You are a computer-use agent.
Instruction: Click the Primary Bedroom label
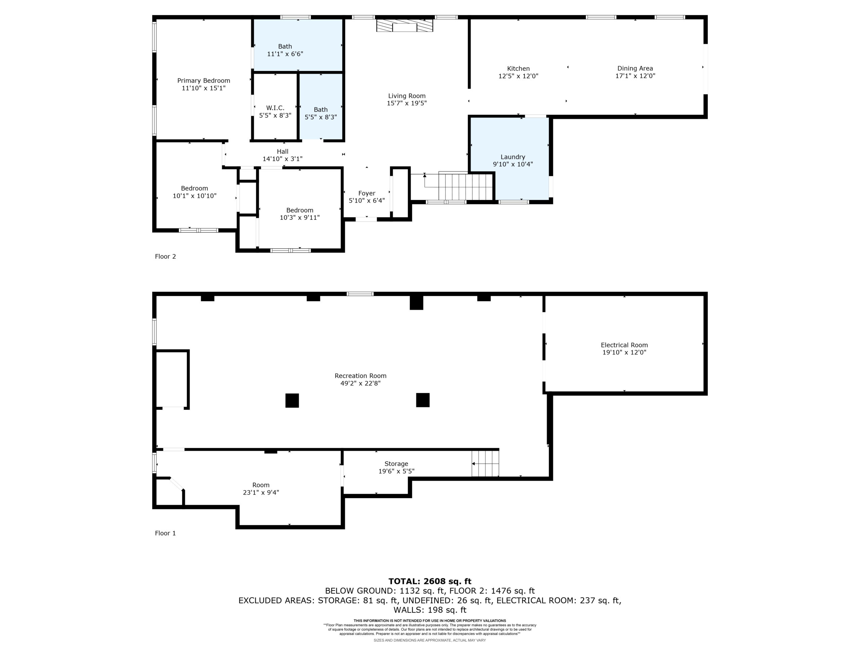tap(203, 81)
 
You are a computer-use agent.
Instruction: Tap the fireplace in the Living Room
tap(404, 26)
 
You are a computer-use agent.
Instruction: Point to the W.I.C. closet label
tap(275, 108)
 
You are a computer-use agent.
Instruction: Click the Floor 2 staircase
tap(466, 187)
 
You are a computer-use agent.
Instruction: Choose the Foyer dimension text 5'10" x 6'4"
tap(367, 201)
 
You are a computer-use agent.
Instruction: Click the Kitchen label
tap(518, 69)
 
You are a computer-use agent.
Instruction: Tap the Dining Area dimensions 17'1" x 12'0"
tap(635, 76)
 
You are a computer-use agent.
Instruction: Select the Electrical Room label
tap(624, 345)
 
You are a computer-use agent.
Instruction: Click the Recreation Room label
tap(360, 376)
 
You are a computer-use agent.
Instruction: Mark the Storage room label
tap(396, 464)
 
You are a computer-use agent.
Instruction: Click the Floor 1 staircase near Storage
tap(485, 464)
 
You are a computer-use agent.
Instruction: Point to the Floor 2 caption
tap(165, 256)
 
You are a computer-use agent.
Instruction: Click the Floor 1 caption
tap(165, 533)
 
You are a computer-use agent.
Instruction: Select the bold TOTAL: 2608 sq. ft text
tap(430, 581)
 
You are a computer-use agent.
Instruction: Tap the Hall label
tap(283, 151)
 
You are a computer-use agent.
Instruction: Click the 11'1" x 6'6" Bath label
tap(285, 50)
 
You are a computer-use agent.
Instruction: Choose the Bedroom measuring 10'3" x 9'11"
tap(299, 214)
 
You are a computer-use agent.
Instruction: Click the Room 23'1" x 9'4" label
tap(261, 489)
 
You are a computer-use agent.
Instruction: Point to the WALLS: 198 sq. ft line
tap(430, 610)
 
